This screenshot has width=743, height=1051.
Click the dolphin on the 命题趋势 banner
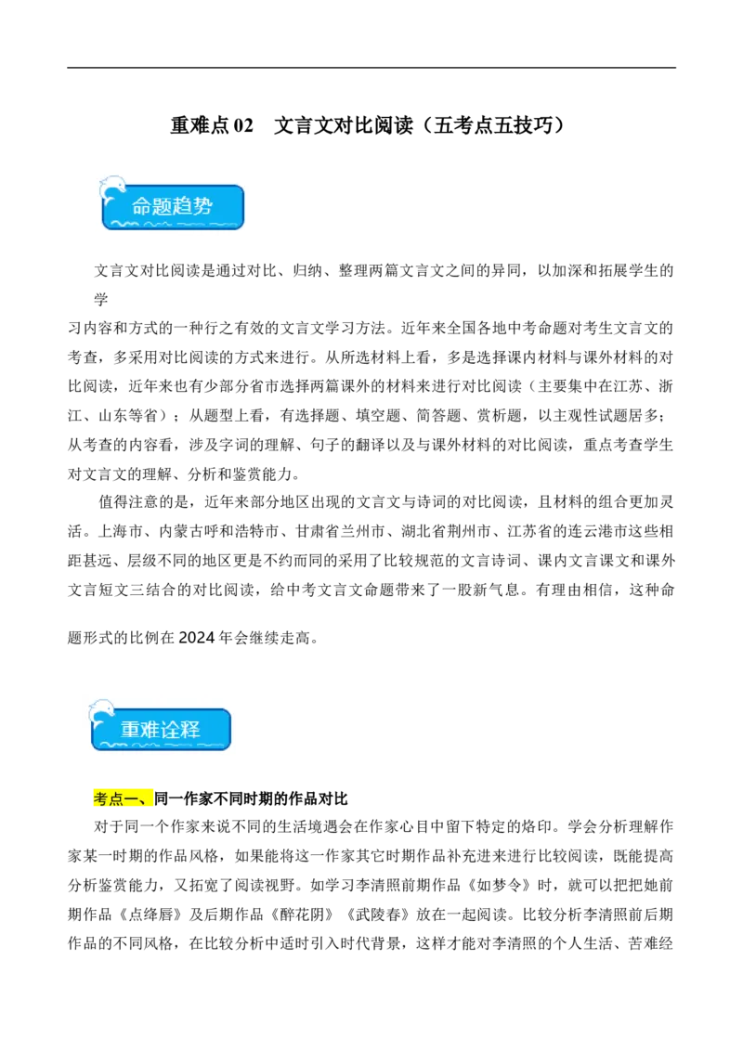(112, 189)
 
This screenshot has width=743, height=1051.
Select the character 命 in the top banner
(143, 206)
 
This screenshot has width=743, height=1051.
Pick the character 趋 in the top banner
(183, 206)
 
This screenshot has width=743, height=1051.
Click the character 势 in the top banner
(202, 206)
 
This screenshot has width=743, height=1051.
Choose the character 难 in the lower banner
(150, 729)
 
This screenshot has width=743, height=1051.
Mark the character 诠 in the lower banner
(170, 729)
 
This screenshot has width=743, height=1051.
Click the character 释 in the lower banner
(189, 729)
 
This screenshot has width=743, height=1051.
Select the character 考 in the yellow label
(100, 799)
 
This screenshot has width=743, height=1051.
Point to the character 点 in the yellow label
(115, 799)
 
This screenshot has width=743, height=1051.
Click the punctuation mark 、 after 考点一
(144, 802)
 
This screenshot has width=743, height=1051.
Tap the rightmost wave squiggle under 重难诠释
(212, 745)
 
